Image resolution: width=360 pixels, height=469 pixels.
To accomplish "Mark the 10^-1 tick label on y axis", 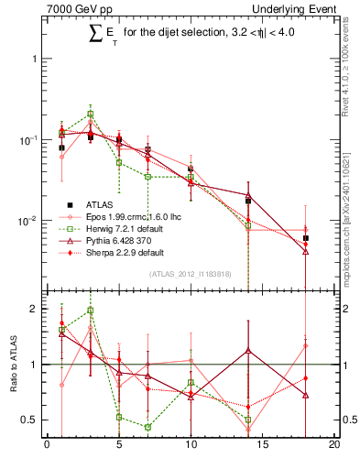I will tap(29, 139).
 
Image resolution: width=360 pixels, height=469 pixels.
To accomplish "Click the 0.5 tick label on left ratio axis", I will tap(33, 420).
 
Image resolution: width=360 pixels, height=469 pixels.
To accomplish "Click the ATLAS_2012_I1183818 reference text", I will tap(190, 273).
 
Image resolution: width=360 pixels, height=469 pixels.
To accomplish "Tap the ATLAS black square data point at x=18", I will tap(306, 238).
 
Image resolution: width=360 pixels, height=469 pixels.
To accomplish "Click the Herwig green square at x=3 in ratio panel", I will tap(90, 311).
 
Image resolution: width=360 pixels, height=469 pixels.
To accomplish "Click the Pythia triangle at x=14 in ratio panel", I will tap(248, 350).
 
